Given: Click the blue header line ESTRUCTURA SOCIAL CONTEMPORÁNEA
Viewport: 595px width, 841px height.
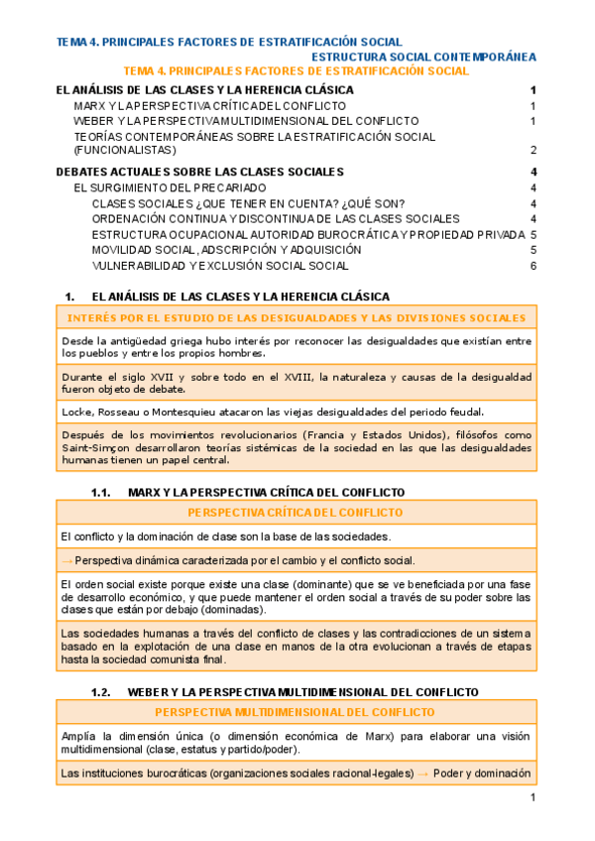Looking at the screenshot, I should click(x=423, y=57).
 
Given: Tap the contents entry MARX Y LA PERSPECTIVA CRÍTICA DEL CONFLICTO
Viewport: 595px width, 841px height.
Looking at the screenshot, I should click(x=210, y=105).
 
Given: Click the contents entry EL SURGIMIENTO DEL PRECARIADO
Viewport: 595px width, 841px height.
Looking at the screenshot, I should click(x=171, y=187).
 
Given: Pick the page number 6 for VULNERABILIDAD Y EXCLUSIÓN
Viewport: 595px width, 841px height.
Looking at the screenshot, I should click(x=534, y=266).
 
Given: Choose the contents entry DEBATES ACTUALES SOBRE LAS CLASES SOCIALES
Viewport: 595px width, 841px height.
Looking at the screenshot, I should click(x=200, y=172).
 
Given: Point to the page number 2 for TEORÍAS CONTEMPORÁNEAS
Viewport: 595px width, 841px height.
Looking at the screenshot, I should click(x=534, y=151).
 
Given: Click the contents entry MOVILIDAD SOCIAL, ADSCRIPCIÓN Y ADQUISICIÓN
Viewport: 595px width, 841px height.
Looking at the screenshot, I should click(x=226, y=250).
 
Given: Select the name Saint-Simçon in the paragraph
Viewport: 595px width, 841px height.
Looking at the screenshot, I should click(x=90, y=449).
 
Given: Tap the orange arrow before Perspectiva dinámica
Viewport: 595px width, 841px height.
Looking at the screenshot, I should click(x=66, y=560).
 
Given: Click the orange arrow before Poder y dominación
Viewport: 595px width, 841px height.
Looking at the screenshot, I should click(x=422, y=773).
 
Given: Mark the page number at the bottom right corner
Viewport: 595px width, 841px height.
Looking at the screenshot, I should click(x=533, y=798).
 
